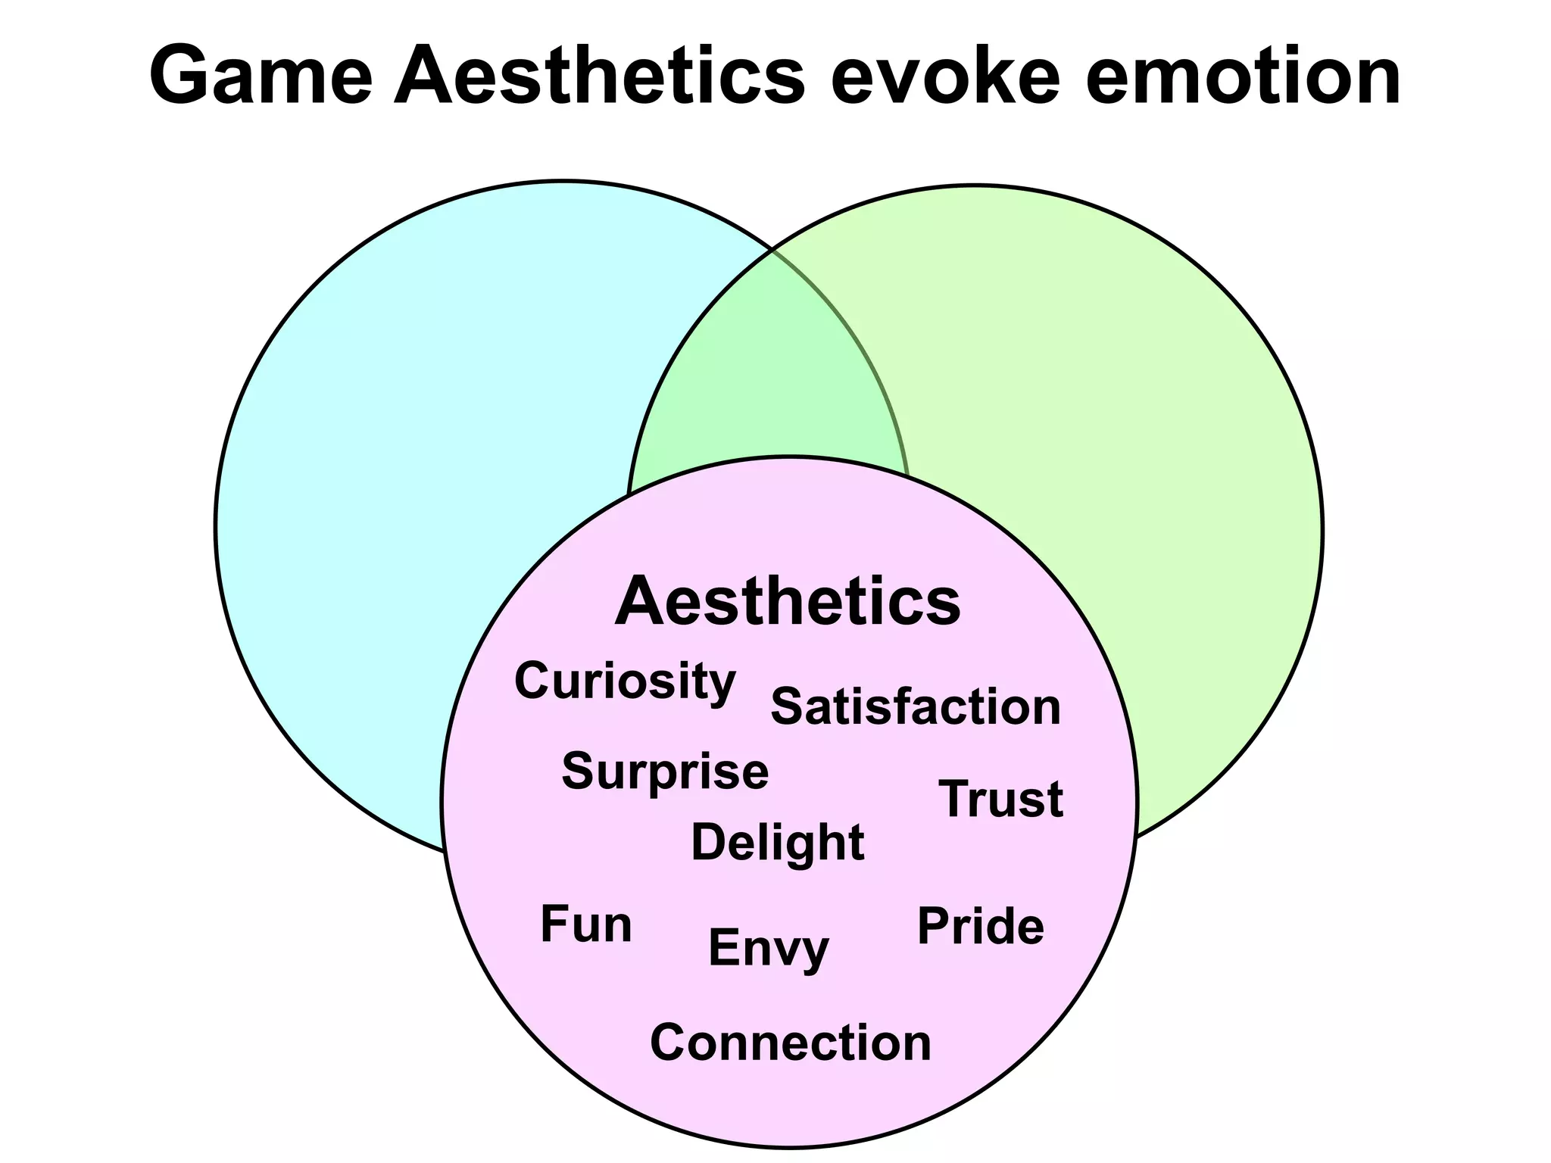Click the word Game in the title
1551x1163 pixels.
pyautogui.click(x=261, y=76)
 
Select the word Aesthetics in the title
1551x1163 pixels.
pyautogui.click(x=598, y=76)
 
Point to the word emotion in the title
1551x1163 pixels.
pyautogui.click(x=1242, y=76)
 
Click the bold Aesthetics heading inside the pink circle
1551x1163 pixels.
pyautogui.click(x=788, y=602)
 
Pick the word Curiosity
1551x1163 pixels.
pyautogui.click(x=625, y=681)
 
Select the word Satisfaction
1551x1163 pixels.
pyautogui.click(x=916, y=707)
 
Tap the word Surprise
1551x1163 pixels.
pyautogui.click(x=665, y=772)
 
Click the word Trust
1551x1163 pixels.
pyautogui.click(x=1000, y=800)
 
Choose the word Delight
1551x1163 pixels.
pyautogui.click(x=778, y=843)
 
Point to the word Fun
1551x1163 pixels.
pyautogui.click(x=586, y=924)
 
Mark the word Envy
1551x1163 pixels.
pyautogui.click(x=769, y=948)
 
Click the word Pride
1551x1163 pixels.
pyautogui.click(x=981, y=927)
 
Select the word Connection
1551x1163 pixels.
pyautogui.click(x=791, y=1043)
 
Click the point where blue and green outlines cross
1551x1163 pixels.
pyautogui.click(x=771, y=249)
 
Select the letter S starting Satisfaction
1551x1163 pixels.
pyautogui.click(x=787, y=707)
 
